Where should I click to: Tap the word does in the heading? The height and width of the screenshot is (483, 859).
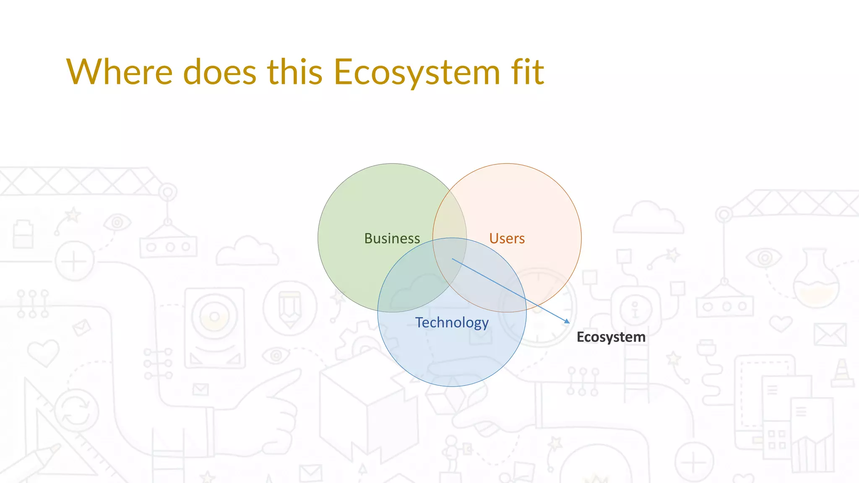219,72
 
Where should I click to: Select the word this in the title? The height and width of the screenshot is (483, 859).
295,72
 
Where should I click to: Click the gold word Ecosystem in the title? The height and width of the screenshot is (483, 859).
417,72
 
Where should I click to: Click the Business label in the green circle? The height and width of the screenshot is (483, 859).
392,238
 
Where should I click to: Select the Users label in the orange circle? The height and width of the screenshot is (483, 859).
507,238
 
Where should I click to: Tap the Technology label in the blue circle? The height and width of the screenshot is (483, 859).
452,322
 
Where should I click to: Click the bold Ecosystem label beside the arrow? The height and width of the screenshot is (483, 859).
611,337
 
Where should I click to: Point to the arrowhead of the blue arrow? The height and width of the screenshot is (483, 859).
568,322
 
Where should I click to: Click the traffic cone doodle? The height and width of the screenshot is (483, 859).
842,373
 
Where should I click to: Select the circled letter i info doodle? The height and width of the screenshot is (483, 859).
635,309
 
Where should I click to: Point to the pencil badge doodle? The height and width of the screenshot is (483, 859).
290,308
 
